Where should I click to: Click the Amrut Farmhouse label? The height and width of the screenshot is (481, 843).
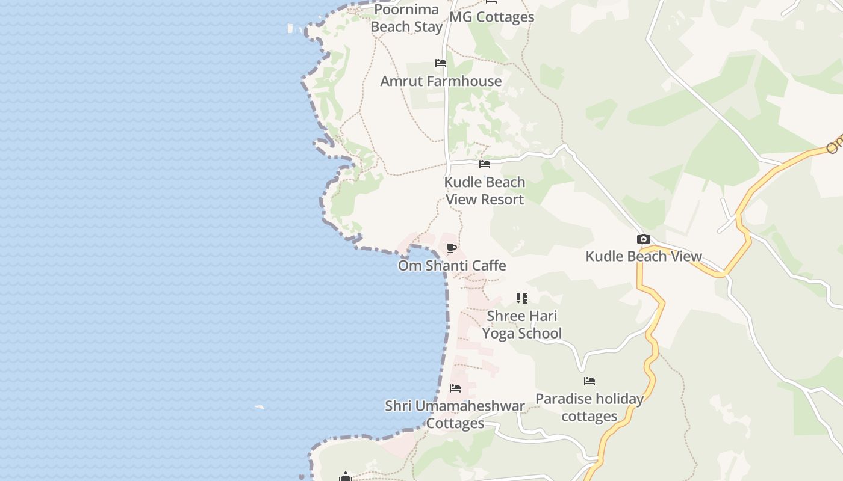click(x=441, y=81)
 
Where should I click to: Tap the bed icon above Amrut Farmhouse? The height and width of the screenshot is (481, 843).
click(x=441, y=63)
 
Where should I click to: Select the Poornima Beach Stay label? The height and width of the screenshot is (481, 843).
click(x=406, y=19)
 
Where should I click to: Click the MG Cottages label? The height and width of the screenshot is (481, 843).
click(x=491, y=17)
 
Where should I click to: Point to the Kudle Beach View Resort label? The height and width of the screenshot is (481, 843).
click(x=485, y=191)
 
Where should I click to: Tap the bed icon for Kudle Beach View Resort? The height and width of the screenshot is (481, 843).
click(x=485, y=164)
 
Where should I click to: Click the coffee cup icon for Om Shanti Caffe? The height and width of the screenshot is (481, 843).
click(x=452, y=248)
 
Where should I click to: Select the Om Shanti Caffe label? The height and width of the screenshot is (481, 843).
click(x=452, y=266)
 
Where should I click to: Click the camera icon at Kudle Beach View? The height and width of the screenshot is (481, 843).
click(x=644, y=239)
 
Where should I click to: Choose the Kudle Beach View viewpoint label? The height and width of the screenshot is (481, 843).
click(x=644, y=257)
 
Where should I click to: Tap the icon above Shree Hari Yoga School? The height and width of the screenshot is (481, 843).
click(x=522, y=298)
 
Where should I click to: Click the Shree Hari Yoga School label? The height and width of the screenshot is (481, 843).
click(x=522, y=325)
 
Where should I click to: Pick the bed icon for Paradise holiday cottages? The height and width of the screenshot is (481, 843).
click(x=589, y=381)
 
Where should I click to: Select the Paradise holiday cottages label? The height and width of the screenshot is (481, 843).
click(x=589, y=408)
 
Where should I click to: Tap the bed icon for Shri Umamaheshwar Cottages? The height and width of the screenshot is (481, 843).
click(x=455, y=388)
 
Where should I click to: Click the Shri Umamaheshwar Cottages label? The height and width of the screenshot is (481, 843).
click(x=455, y=415)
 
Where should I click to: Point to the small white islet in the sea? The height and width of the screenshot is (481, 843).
click(x=260, y=407)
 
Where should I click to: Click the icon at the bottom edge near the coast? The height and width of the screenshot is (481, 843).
click(x=345, y=477)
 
